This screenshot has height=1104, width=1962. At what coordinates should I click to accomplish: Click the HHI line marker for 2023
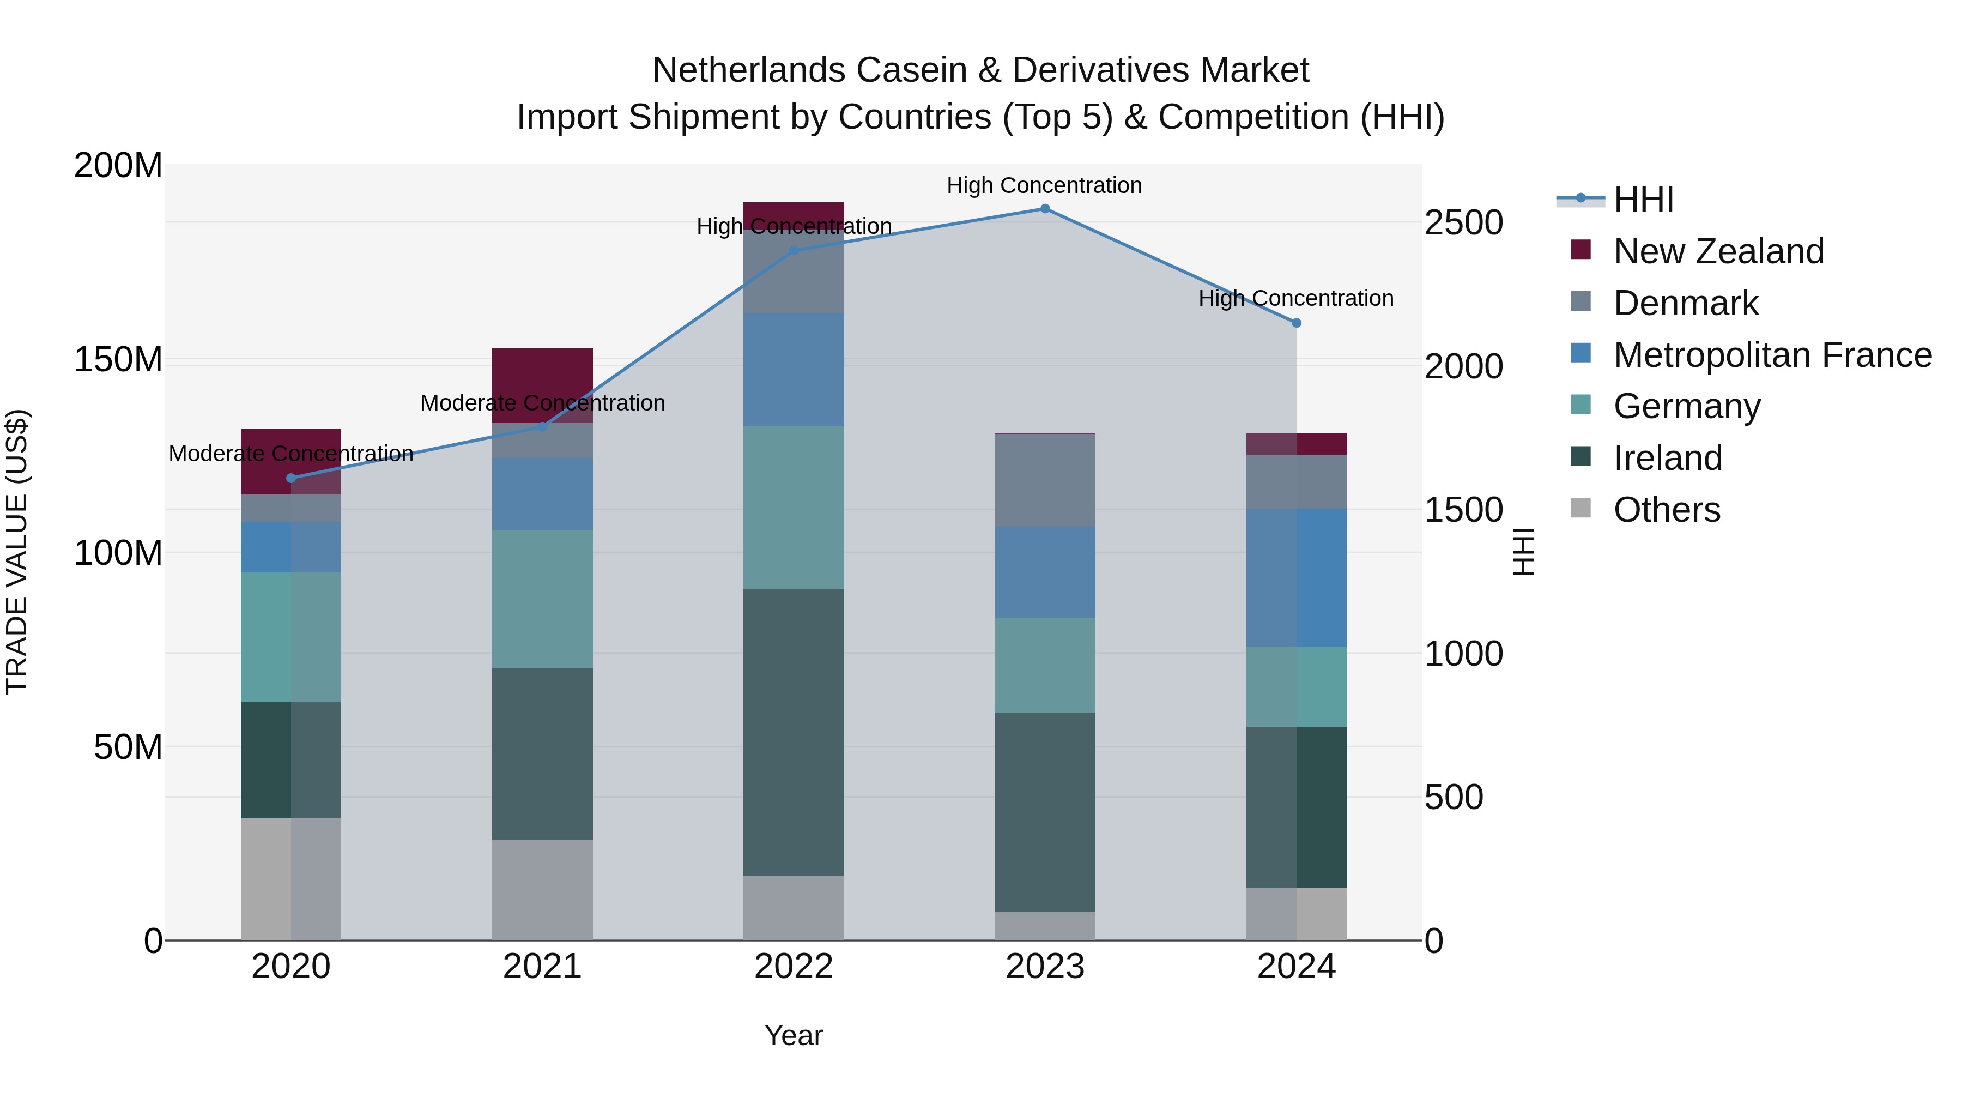[1045, 209]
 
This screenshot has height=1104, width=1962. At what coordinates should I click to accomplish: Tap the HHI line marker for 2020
[291, 479]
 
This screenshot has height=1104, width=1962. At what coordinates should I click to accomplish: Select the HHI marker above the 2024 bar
[1297, 323]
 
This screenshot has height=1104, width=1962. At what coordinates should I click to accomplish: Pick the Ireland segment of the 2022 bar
[794, 732]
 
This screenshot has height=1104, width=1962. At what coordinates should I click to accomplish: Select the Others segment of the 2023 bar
[1045, 926]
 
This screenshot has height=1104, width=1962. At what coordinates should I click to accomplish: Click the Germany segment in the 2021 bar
[542, 599]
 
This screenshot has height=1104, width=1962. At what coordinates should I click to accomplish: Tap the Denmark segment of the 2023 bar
[1045, 480]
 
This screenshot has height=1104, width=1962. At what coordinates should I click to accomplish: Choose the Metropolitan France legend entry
[1772, 355]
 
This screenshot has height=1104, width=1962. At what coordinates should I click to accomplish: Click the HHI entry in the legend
[1643, 200]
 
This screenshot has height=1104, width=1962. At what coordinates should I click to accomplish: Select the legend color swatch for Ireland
[1581, 457]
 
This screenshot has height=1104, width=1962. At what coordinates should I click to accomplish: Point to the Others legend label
[1667, 510]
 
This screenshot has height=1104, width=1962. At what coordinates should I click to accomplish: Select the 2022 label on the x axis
[794, 967]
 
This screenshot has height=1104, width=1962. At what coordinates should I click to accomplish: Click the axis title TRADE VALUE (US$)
[17, 552]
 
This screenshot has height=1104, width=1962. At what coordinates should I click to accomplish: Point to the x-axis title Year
[794, 1035]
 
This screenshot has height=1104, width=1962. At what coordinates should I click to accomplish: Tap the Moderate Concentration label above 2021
[542, 403]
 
